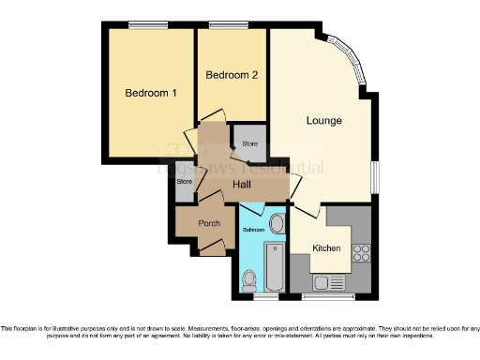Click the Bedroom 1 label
tap(151, 93)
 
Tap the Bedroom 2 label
tap(232, 74)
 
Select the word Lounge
tap(323, 121)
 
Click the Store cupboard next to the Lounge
tap(249, 143)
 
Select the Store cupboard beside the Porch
tap(186, 181)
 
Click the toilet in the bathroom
tap(249, 277)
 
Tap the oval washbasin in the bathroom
tap(277, 225)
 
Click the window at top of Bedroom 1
tap(142, 25)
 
